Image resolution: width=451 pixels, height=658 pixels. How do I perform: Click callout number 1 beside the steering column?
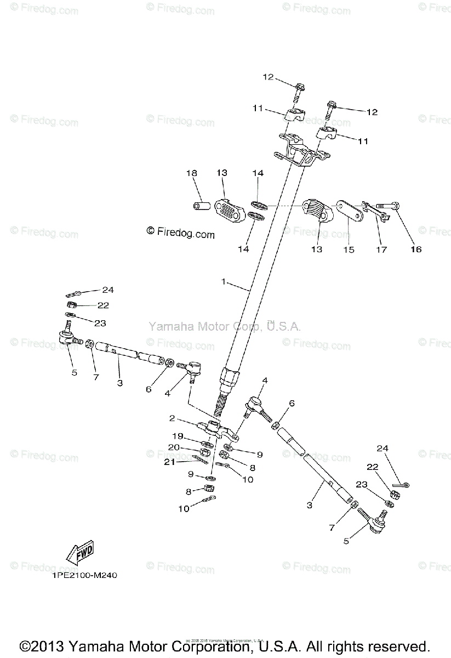(x=224, y=281)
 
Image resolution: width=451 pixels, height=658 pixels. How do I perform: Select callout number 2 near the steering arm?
(x=172, y=418)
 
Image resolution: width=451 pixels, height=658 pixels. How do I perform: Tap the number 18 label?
(x=191, y=173)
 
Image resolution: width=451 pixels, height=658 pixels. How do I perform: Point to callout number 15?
(x=349, y=249)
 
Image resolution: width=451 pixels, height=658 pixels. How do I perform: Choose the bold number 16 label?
(x=416, y=249)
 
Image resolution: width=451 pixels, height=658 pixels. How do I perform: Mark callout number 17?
(x=381, y=249)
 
